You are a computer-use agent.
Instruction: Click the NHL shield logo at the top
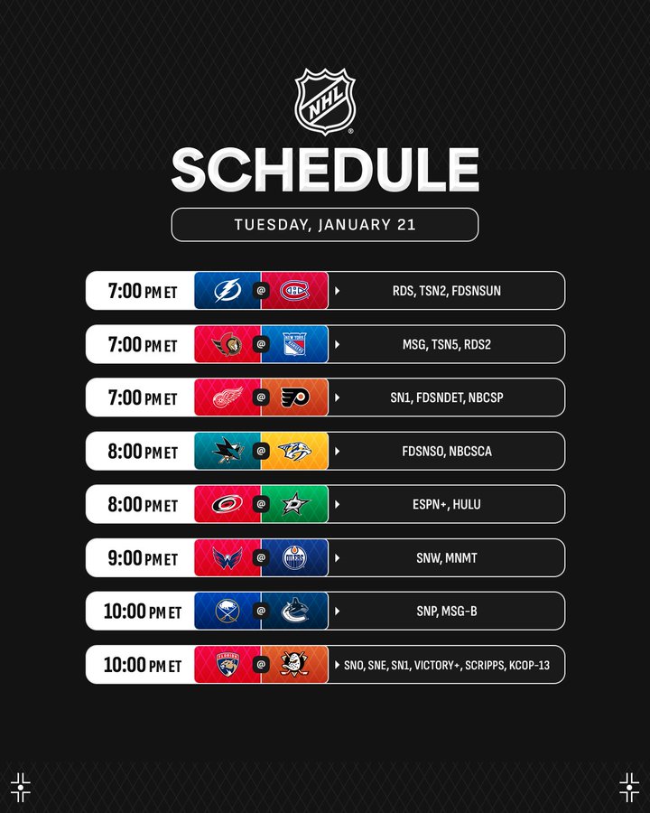click(x=325, y=101)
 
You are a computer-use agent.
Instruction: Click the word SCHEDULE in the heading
click(x=325, y=170)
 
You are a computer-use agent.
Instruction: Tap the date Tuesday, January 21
click(x=325, y=225)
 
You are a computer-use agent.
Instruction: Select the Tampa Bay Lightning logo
click(x=227, y=290)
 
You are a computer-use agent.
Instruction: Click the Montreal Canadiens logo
click(x=294, y=290)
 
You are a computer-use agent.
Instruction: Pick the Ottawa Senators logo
click(x=227, y=344)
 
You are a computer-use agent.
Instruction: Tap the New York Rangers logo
click(x=294, y=344)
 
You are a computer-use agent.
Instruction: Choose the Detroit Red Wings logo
click(x=227, y=397)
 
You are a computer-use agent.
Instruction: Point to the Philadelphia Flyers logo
click(x=295, y=397)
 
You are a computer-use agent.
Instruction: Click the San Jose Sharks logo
click(x=227, y=451)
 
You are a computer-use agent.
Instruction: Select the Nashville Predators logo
click(x=294, y=451)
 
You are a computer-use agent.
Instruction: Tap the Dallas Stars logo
click(x=295, y=504)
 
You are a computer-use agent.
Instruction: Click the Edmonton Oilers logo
click(x=294, y=558)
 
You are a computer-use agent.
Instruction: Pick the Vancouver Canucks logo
click(x=294, y=611)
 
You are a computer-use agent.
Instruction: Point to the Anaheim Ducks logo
click(x=294, y=664)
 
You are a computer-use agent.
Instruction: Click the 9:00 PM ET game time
click(x=143, y=558)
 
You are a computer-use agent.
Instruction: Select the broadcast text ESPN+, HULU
click(x=446, y=504)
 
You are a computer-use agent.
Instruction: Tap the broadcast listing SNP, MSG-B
click(x=446, y=611)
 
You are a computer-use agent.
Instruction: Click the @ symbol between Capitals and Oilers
click(x=261, y=557)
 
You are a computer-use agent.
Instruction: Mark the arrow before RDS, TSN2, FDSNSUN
click(x=338, y=290)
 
